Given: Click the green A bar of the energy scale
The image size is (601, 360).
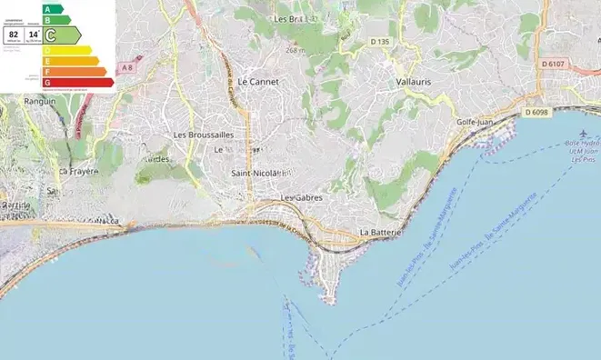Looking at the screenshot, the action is [53, 9].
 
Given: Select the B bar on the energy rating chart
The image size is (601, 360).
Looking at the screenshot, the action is [55, 19].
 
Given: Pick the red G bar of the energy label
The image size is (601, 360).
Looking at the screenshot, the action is [78, 82].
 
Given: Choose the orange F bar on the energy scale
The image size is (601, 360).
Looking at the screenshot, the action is [74, 71].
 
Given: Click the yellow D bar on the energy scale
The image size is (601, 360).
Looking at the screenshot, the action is [65, 50].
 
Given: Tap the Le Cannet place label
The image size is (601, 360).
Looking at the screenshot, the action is [257, 81].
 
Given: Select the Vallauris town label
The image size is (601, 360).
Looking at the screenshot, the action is [415, 81].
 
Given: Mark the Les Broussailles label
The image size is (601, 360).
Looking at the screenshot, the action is [204, 135].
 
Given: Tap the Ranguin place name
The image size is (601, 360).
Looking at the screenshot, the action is [40, 101].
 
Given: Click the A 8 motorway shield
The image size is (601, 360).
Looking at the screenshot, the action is [126, 66].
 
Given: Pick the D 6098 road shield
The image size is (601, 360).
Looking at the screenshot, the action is [537, 112].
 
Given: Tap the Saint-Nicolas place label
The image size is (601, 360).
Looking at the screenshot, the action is [260, 173].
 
